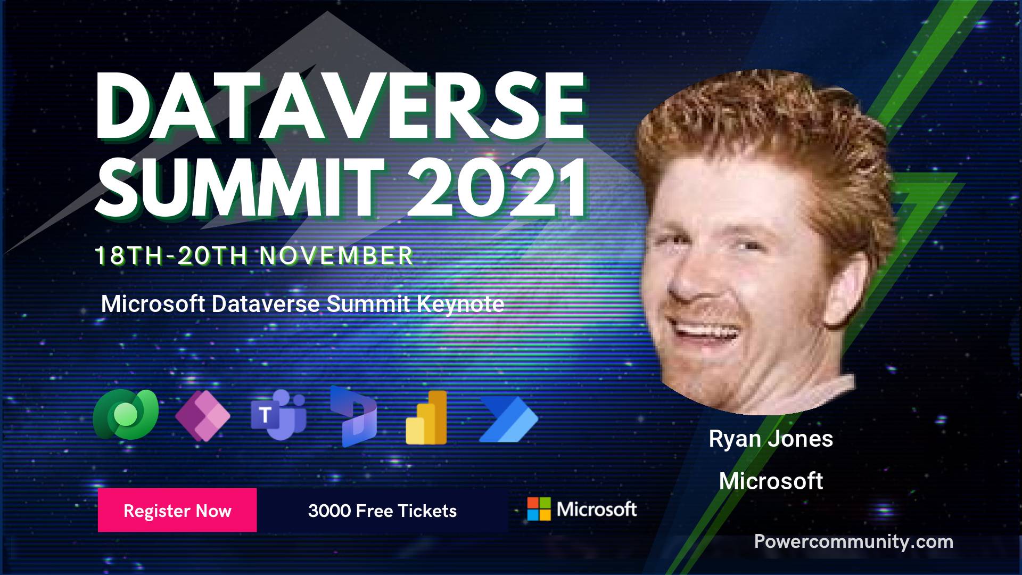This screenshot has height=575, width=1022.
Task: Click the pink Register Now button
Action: [x=177, y=510]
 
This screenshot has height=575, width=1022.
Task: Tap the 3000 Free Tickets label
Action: [x=382, y=511]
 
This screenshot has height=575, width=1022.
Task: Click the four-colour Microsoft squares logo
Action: [x=539, y=509]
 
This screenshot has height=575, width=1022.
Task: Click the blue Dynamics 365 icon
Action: [x=353, y=416]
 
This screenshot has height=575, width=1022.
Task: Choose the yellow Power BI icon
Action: [x=426, y=417]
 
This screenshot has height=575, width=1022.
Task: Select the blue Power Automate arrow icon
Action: [x=508, y=419]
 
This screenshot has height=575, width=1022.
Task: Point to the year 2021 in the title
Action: [x=497, y=188]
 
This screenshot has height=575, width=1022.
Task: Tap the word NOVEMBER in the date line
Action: [x=336, y=256]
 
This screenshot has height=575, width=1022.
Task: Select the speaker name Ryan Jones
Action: [x=771, y=439]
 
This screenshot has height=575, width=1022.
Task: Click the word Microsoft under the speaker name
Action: [x=771, y=481]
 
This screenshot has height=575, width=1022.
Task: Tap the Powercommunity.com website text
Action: [x=854, y=542]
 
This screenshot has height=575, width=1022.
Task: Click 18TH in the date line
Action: [x=128, y=256]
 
